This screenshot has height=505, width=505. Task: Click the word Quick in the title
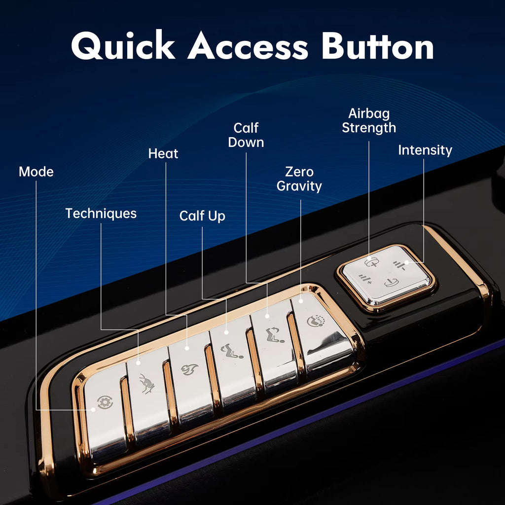(x=123, y=47)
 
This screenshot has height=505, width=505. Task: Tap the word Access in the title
(x=248, y=47)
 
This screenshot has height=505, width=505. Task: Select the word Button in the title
(x=377, y=47)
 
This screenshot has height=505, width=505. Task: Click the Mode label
(x=36, y=172)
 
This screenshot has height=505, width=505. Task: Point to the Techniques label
(x=101, y=214)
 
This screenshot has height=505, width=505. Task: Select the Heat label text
(x=163, y=154)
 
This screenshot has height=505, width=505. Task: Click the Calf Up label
(x=202, y=216)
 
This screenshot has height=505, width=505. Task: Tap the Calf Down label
(x=246, y=135)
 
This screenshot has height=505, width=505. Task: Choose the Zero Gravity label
(x=299, y=179)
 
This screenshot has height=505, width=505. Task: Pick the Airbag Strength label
(x=369, y=120)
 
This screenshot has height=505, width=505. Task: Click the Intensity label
(x=425, y=150)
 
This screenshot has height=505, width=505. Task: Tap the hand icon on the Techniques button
(x=147, y=383)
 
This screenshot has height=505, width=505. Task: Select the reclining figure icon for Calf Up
(x=232, y=352)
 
